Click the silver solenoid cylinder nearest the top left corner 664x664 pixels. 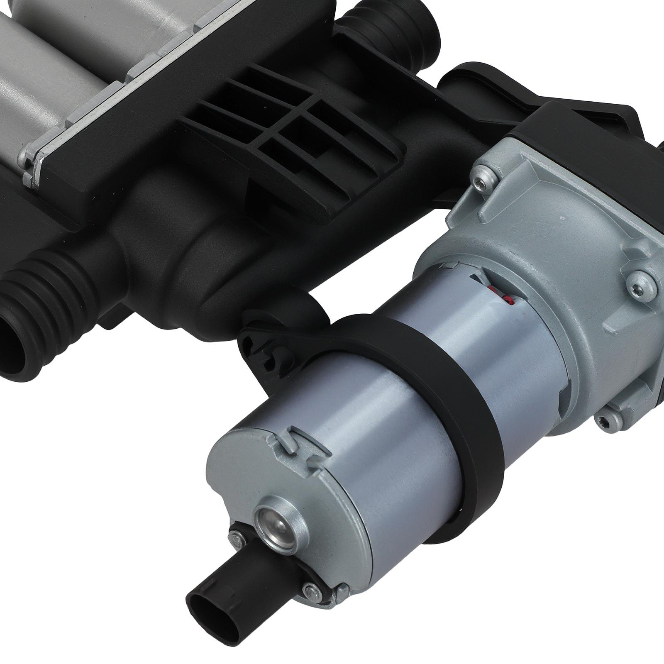coord(33,62)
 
